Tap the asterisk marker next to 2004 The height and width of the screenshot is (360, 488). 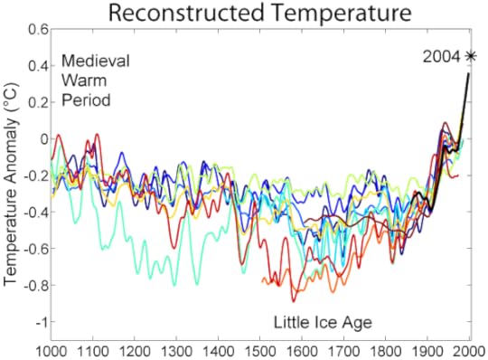click(x=470, y=56)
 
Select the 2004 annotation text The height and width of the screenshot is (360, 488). click(x=442, y=57)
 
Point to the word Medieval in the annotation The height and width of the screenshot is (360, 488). click(x=96, y=62)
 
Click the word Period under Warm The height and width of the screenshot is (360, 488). click(x=86, y=100)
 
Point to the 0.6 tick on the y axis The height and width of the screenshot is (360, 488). click(x=37, y=29)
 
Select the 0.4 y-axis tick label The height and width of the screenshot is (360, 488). click(x=37, y=66)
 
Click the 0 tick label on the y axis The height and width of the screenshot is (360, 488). click(x=42, y=139)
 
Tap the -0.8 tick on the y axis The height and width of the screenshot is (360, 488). click(x=35, y=286)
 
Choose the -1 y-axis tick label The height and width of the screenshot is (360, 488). click(x=40, y=323)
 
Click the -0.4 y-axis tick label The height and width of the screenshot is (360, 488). click(x=35, y=213)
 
